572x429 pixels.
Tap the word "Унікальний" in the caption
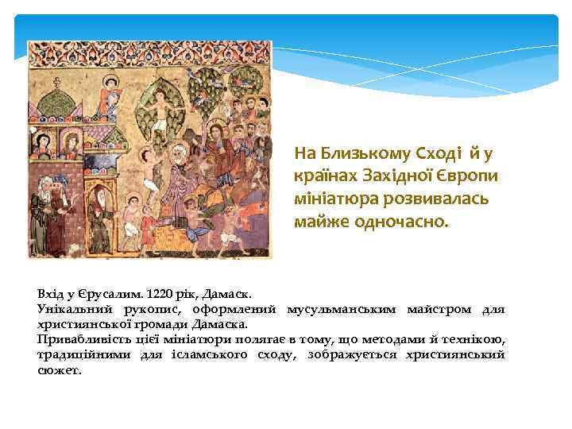pyautogui.click(x=74, y=308)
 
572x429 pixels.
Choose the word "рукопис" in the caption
pyautogui.click(x=150, y=308)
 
